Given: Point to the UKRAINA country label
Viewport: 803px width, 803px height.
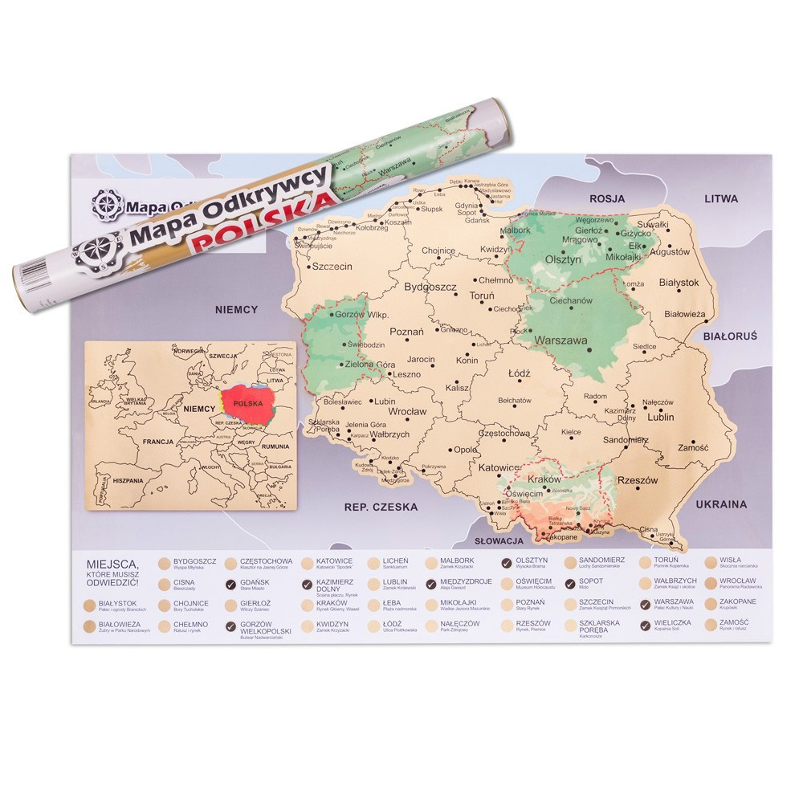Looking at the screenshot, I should click(720, 504).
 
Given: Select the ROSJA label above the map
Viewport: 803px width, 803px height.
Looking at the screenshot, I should click(607, 198).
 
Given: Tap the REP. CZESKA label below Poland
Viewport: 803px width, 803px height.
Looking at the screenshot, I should click(381, 507).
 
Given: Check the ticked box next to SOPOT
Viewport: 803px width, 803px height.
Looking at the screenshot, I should click(571, 583).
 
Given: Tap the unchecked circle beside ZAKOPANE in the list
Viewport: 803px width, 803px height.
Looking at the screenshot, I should click(711, 604).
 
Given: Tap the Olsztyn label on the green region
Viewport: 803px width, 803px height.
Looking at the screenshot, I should click(563, 259).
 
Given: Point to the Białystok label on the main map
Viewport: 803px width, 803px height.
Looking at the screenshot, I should click(679, 283).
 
